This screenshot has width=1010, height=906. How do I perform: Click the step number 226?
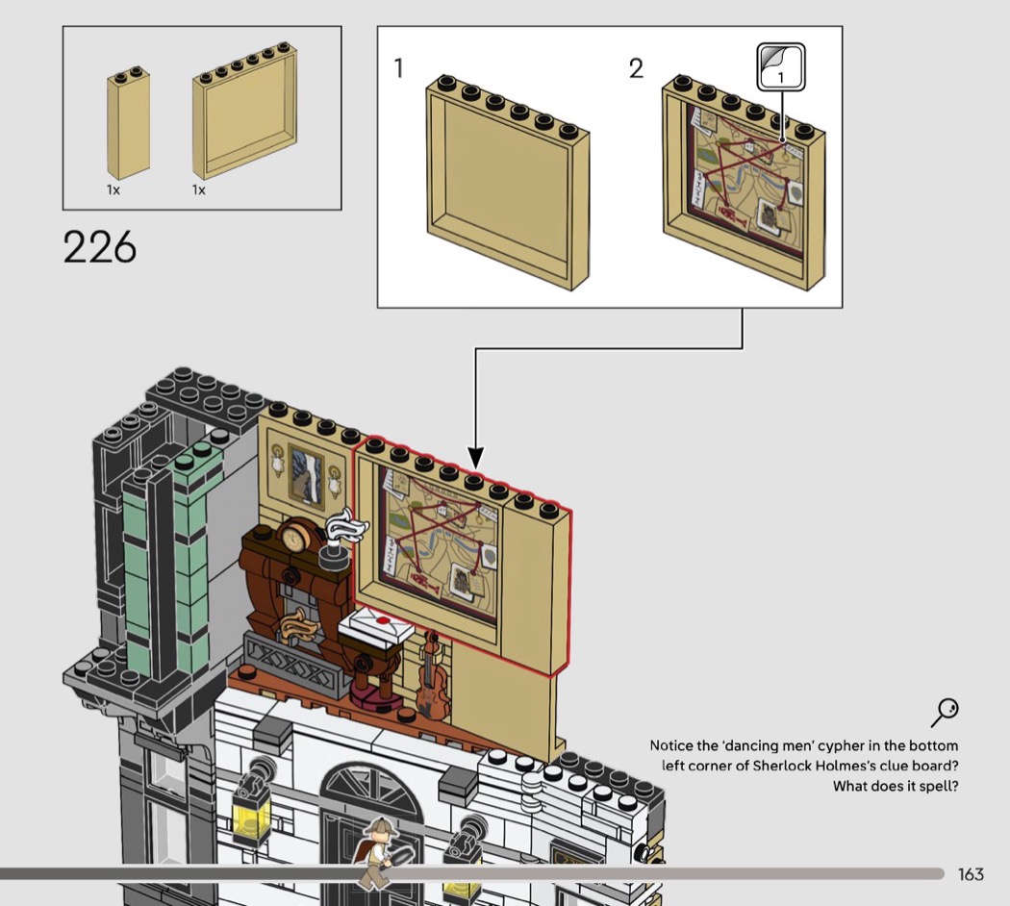pos(100,247)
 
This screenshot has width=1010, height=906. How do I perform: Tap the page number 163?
pos(971,874)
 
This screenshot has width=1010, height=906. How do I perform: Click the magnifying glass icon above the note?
pos(945,713)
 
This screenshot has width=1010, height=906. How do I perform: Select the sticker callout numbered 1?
pos(780,68)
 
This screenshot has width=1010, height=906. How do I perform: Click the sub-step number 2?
pos(636,69)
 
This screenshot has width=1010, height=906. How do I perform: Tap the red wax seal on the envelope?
pos(382,621)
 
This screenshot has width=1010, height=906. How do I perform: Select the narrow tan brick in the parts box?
pos(128,127)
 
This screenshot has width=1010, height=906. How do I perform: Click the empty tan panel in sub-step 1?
pos(508,183)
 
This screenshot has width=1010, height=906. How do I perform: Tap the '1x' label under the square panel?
pos(199,190)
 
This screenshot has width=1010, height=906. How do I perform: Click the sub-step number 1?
pos(399,69)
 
